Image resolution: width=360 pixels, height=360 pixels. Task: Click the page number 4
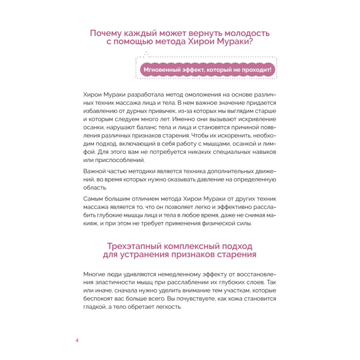[77, 341]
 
